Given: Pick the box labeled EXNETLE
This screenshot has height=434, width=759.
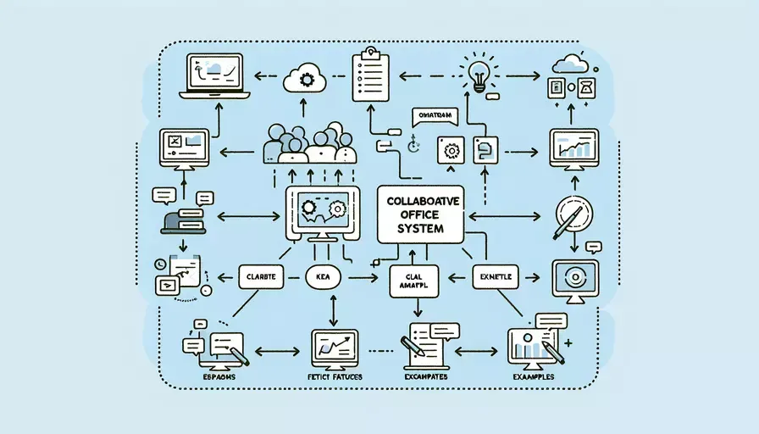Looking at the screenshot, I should click(495, 276).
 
